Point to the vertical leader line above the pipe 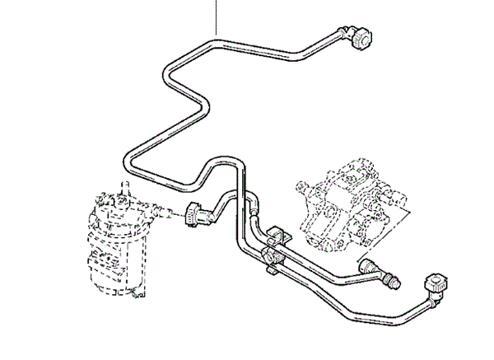[217, 16]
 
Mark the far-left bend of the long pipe [132, 158]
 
